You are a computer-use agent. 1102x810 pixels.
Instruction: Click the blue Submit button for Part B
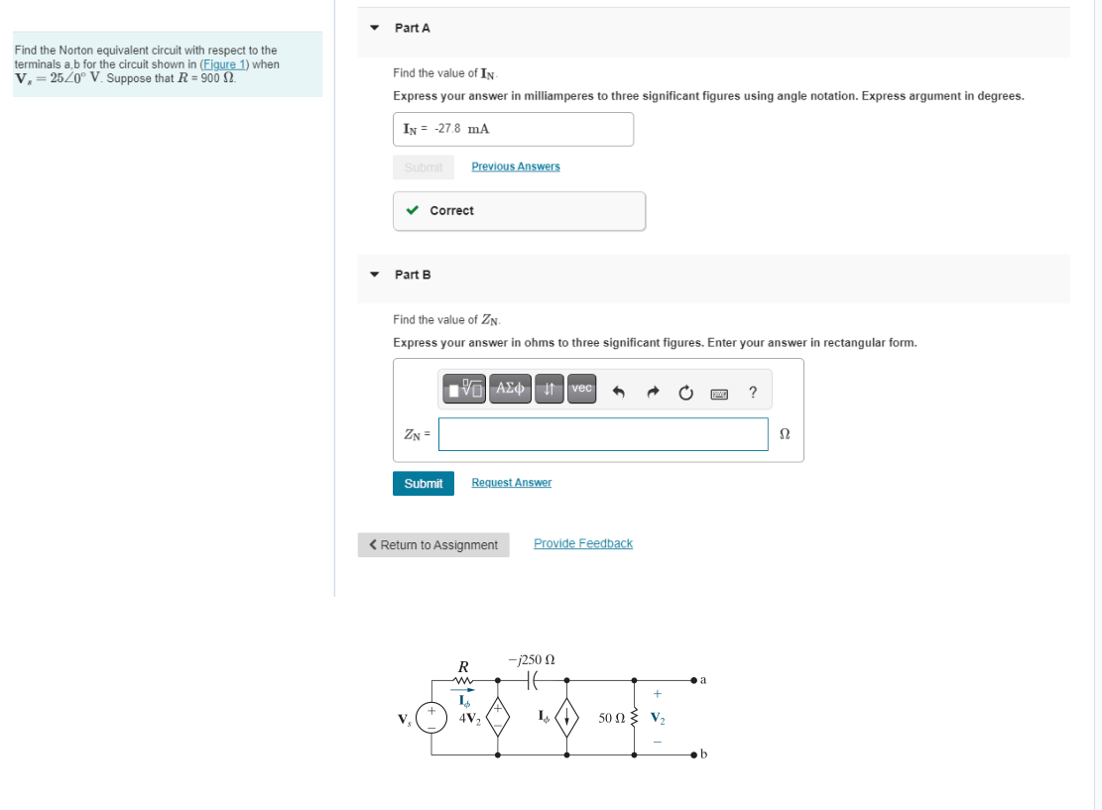tap(424, 484)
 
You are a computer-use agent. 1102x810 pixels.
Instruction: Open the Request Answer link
tap(511, 483)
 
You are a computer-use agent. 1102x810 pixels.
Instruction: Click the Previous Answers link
tap(515, 167)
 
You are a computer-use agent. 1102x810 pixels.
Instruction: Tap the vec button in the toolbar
tap(582, 389)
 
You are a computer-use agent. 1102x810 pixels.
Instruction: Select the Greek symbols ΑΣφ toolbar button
tap(510, 389)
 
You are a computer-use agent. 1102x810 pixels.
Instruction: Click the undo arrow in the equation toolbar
tap(618, 392)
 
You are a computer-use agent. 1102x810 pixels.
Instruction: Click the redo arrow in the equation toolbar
tap(654, 392)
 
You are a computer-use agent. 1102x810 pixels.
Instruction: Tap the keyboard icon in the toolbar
tap(721, 393)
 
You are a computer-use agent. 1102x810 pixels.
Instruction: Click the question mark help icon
tap(754, 392)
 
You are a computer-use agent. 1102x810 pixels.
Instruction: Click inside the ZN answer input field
tap(603, 434)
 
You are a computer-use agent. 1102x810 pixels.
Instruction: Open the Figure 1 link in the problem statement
tap(223, 64)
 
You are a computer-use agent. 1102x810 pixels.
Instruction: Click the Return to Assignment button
tap(433, 545)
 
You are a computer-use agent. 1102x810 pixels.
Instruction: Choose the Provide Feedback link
tap(582, 543)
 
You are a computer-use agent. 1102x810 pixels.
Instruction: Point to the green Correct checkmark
tap(412, 210)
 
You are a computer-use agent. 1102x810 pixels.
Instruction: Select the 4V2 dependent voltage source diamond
tap(497, 717)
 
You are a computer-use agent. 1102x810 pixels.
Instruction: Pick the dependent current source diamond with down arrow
tap(566, 717)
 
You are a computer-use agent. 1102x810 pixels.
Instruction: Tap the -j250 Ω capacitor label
tap(531, 659)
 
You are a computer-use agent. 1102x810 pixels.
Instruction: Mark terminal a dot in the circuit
tap(693, 681)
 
